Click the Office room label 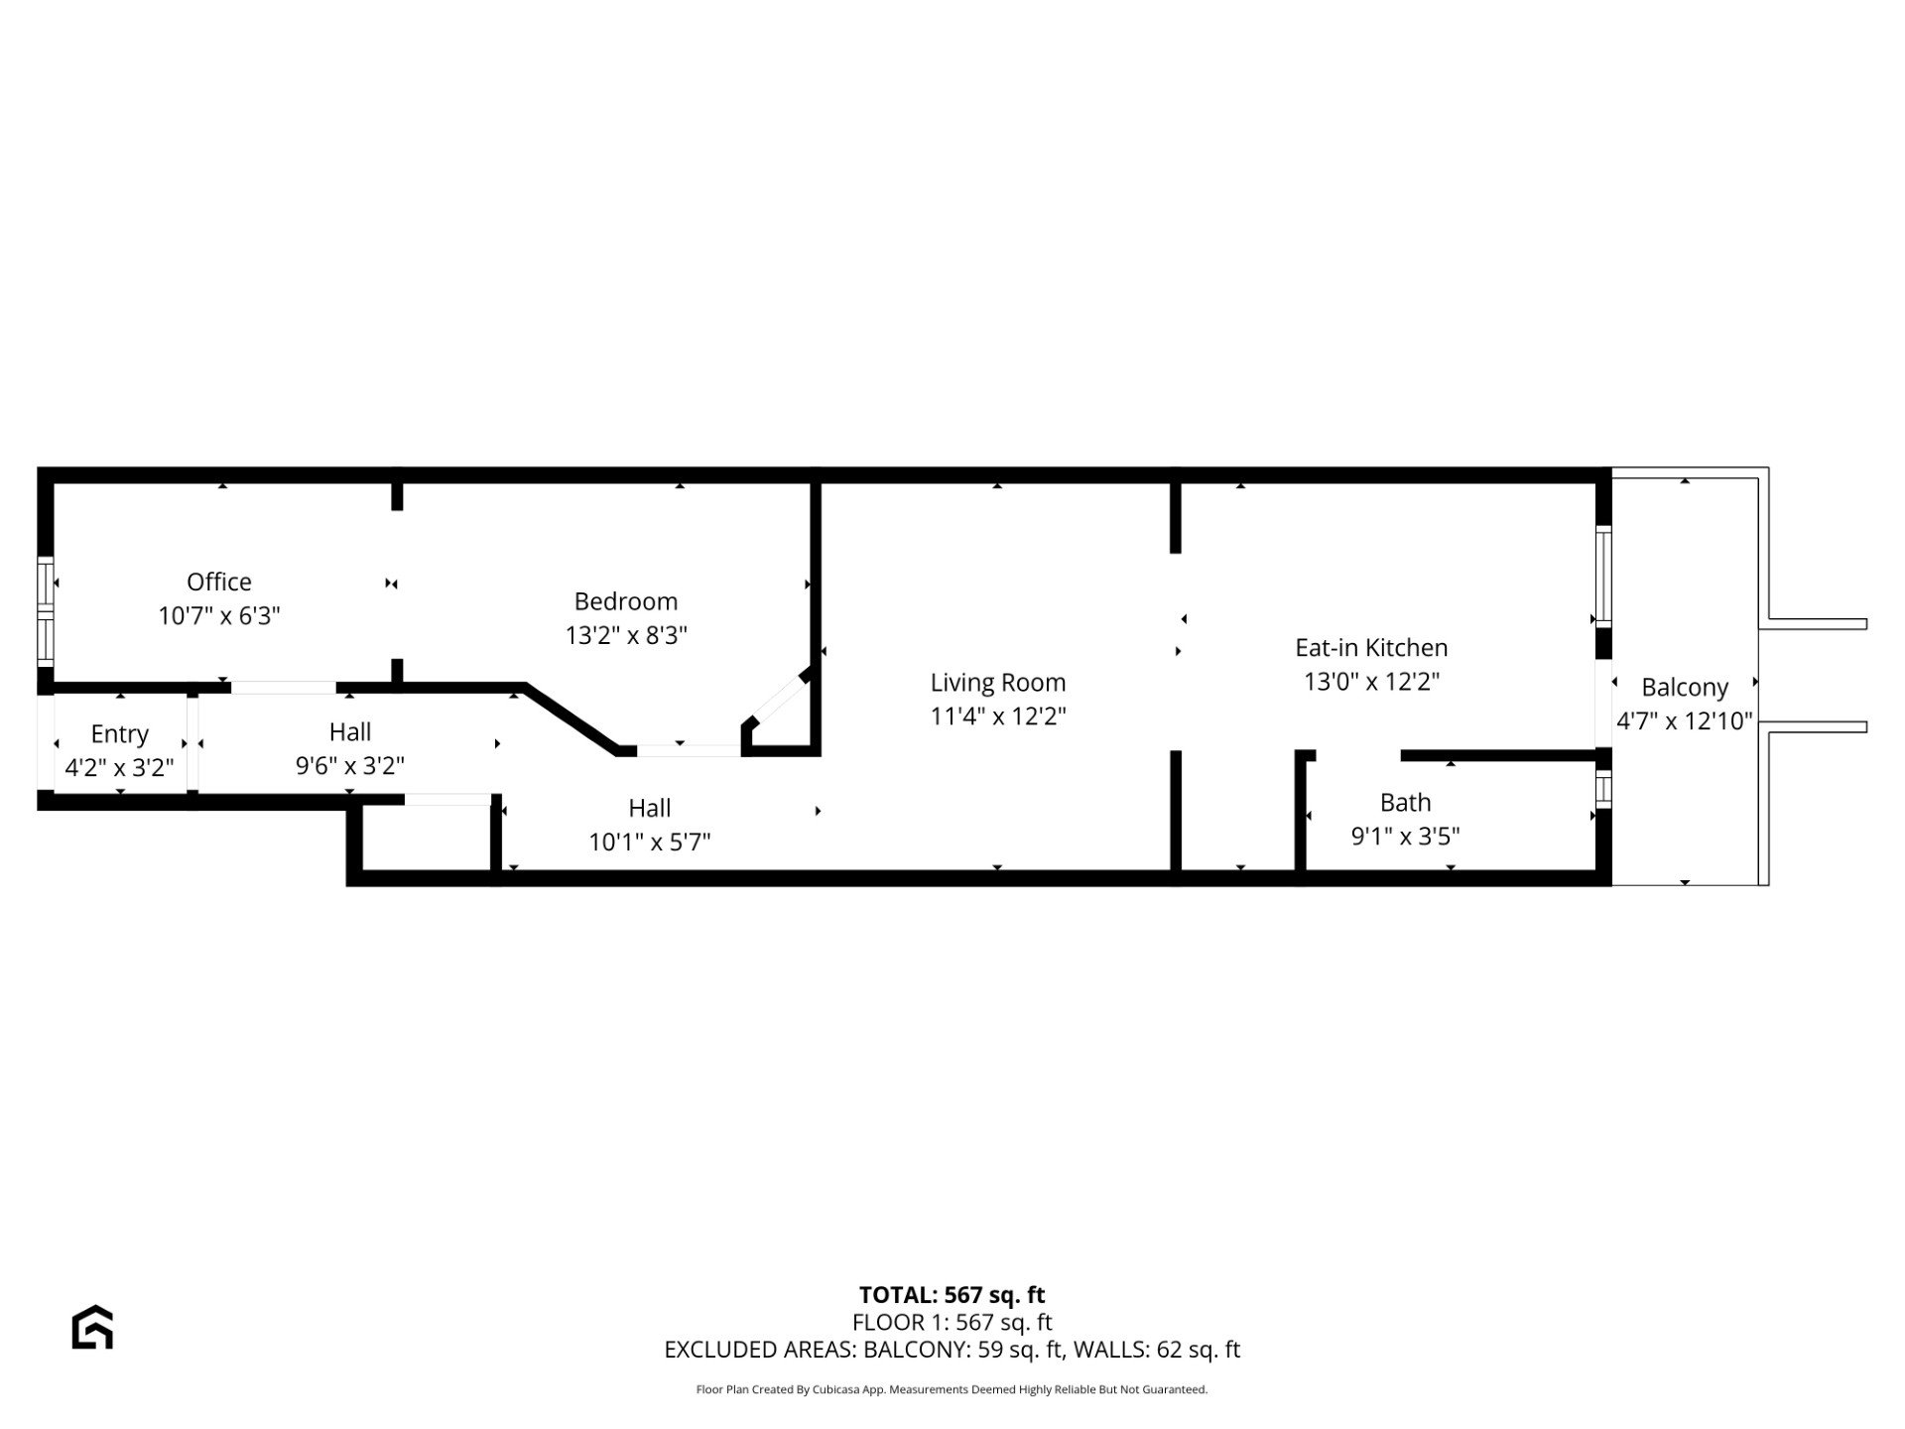pyautogui.click(x=219, y=582)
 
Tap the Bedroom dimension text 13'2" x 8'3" pyautogui.click(x=626, y=635)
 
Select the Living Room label pyautogui.click(x=998, y=683)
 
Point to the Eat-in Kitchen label pyautogui.click(x=1371, y=648)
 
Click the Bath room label pyautogui.click(x=1405, y=802)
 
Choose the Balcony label pyautogui.click(x=1685, y=688)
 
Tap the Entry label pyautogui.click(x=119, y=734)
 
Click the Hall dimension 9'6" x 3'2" pyautogui.click(x=350, y=766)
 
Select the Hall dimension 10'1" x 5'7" pyautogui.click(x=650, y=843)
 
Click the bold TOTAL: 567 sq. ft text pyautogui.click(x=952, y=1295)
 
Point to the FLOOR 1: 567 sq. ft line pyautogui.click(x=952, y=1322)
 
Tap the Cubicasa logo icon pyautogui.click(x=92, y=1327)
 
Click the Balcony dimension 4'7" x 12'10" pyautogui.click(x=1685, y=721)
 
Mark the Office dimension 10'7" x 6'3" pyautogui.click(x=219, y=616)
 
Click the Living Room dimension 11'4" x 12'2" pyautogui.click(x=998, y=716)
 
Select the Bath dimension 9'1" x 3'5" pyautogui.click(x=1405, y=837)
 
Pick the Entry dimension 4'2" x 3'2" pyautogui.click(x=119, y=768)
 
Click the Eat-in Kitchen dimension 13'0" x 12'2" pyautogui.click(x=1371, y=682)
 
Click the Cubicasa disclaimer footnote pyautogui.click(x=952, y=1390)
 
